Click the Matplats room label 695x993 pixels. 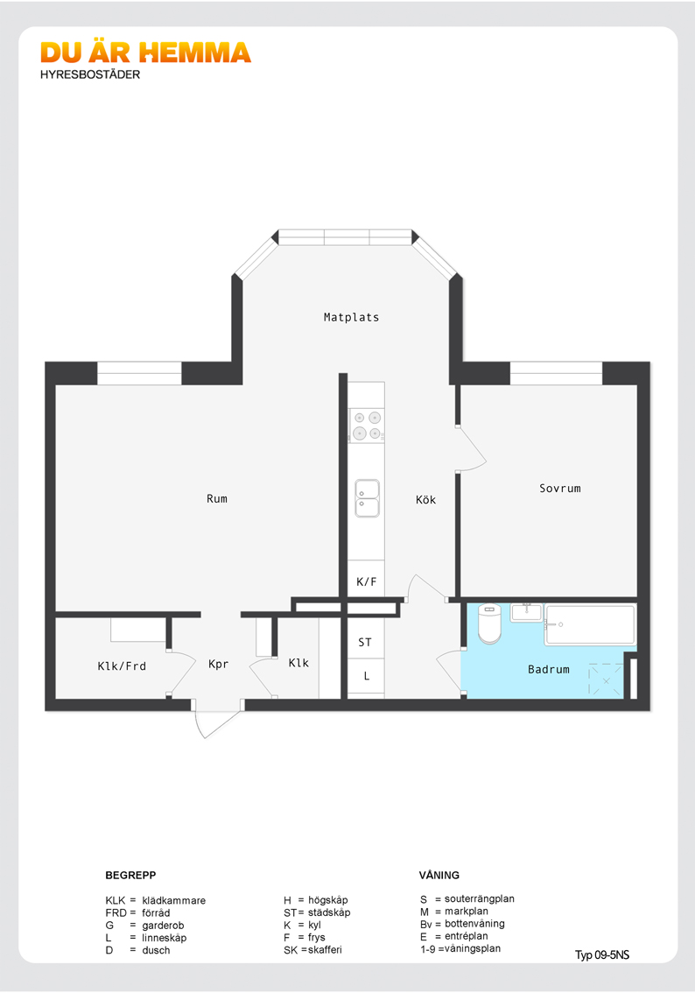coord(351,317)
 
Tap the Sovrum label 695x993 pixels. coord(560,489)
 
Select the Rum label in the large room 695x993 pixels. coord(217,498)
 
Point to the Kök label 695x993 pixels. coord(426,500)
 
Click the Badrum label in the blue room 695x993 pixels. coord(549,669)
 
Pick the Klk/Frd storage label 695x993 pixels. coord(123,666)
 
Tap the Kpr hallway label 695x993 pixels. coord(218,665)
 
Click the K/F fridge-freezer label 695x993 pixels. coord(367,581)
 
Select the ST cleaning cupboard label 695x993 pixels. coord(365,642)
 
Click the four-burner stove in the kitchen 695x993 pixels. coord(367,426)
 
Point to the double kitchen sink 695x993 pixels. coord(367,497)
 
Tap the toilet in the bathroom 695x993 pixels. coord(489,623)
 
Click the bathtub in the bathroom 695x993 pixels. coord(590,625)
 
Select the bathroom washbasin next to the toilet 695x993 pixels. coord(527,612)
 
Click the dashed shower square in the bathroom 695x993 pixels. coord(606,680)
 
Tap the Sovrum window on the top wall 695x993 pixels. coord(556,374)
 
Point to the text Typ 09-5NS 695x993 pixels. coord(602,955)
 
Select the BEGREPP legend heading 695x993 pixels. coord(130,875)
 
